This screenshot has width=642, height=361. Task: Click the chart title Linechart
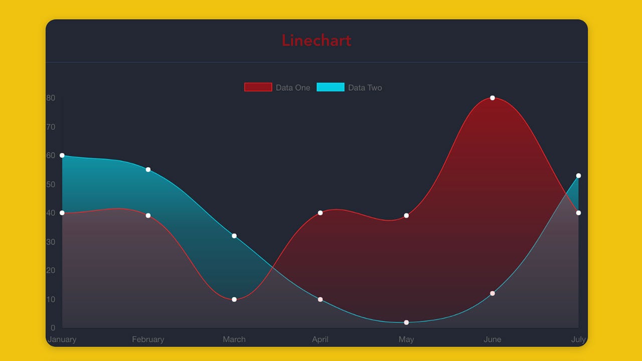pos(316,41)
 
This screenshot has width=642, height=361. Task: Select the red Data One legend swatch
pos(258,87)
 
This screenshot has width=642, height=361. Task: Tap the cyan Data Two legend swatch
pos(331,87)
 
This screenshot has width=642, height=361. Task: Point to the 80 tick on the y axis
pos(51,98)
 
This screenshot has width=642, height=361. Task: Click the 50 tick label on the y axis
pos(51,184)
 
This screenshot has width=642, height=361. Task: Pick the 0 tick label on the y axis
pos(53,327)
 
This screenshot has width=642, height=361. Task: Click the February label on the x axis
pos(148,339)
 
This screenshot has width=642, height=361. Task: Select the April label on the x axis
pos(320,339)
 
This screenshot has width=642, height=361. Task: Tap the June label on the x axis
pos(493,339)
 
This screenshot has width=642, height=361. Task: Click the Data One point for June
pos(493,98)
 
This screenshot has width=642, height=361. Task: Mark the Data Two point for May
pos(406,322)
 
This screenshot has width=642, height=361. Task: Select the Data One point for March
pos(234,299)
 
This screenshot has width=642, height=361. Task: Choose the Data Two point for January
pos(62,155)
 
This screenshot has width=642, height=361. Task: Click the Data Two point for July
pos(578,175)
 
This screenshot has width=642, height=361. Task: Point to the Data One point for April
pos(320,213)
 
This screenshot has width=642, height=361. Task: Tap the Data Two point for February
pos(148,169)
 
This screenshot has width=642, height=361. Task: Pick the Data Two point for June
pos(493,293)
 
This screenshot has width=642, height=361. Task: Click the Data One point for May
pos(406,216)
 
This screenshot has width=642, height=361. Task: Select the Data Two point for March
pos(234,236)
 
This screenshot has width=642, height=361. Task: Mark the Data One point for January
pos(62,213)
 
